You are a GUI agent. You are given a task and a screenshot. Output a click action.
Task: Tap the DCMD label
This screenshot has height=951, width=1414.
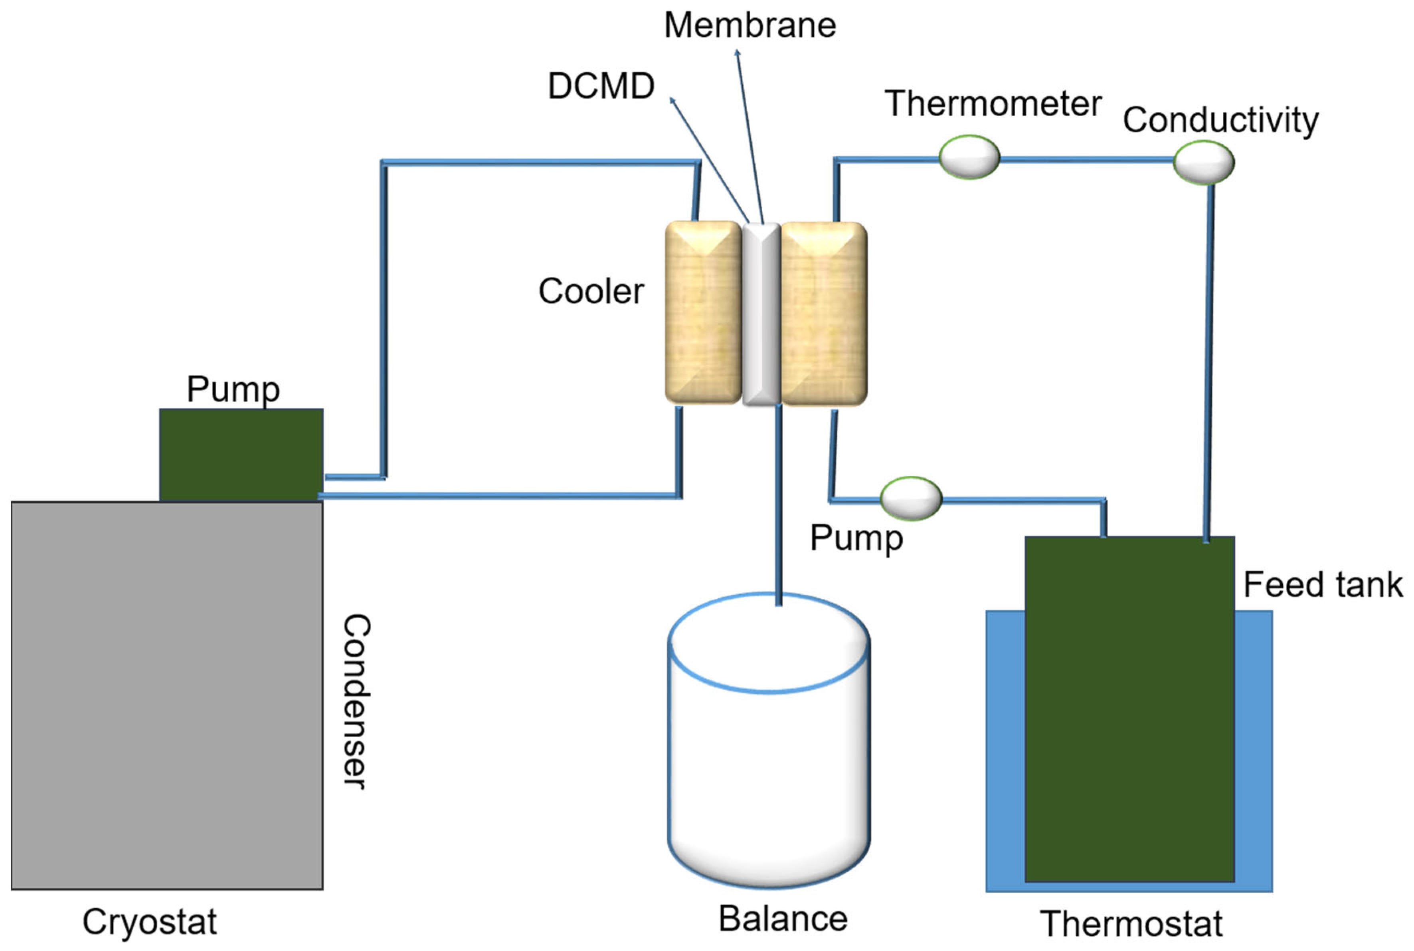coord(601,85)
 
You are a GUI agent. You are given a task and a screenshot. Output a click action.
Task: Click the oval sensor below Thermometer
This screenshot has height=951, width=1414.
coord(969,157)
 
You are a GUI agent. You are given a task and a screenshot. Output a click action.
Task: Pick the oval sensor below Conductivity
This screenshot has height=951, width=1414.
coord(1203,162)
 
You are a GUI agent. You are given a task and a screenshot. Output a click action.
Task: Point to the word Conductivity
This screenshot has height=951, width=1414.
coord(1220,119)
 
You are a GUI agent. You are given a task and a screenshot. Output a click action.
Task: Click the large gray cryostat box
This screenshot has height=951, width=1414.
coord(167,695)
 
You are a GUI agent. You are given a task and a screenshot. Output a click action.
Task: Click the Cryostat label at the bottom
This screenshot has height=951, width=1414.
coord(149,922)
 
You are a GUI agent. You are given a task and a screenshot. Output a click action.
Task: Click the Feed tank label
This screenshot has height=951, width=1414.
coord(1323,585)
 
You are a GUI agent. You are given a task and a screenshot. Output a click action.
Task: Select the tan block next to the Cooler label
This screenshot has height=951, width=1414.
coord(703,312)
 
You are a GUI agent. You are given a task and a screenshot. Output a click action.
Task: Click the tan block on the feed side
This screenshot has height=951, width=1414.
coord(824,314)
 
